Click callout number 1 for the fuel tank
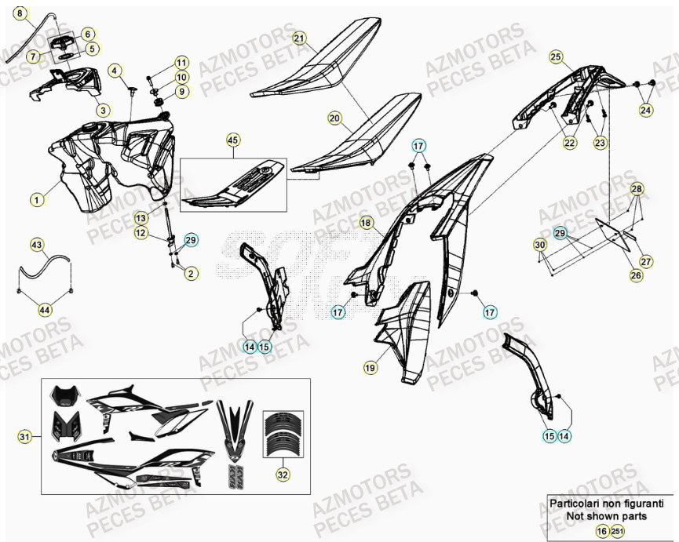click(37, 200)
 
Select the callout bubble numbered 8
click(21, 13)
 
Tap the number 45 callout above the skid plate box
click(232, 140)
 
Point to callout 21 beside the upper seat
click(299, 38)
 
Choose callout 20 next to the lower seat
click(335, 119)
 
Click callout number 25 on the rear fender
click(556, 56)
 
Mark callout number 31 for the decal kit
click(24, 437)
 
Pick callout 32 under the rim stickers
click(281, 474)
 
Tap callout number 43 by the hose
click(37, 245)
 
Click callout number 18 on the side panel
click(366, 224)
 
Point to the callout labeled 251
click(617, 532)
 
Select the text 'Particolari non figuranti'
click(608, 504)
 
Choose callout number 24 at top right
click(645, 111)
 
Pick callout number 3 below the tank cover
click(103, 110)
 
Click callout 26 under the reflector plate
click(634, 275)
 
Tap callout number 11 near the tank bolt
click(181, 62)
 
